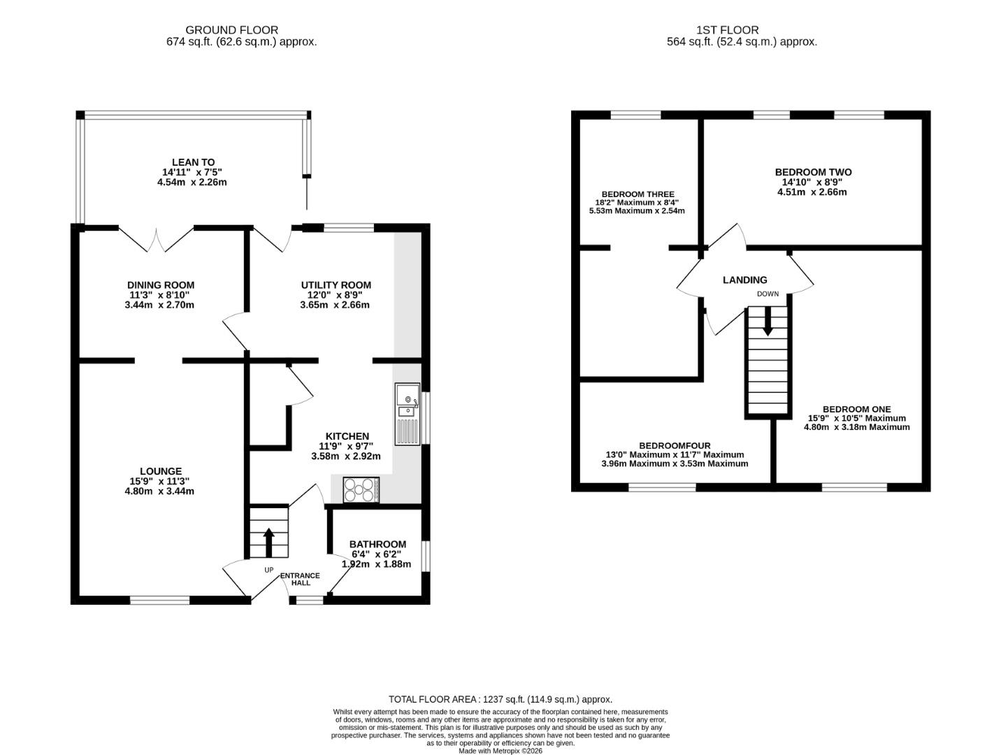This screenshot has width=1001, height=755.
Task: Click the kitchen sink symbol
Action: coord(408,415)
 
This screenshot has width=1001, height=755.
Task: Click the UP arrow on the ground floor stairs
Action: coord(268,542)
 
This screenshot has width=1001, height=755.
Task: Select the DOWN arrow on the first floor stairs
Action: coord(768,321)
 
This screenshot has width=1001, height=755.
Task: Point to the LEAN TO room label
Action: coord(194,162)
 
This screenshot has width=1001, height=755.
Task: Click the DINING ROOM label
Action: coord(161,285)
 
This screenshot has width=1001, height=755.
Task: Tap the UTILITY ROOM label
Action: coord(336,285)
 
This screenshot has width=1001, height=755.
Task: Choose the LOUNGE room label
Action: coord(161,471)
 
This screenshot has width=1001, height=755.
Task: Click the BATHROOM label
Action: coord(377,545)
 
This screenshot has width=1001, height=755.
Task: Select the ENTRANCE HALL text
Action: coord(300,579)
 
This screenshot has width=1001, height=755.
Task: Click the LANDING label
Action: coord(745,280)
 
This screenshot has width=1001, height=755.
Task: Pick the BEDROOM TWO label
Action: coord(814,173)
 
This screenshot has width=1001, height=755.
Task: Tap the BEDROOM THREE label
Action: coord(638,194)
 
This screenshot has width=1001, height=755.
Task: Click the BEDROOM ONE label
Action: coord(857,410)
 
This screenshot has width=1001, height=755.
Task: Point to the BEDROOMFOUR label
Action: coord(675,446)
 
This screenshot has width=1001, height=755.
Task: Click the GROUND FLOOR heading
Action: coord(231,30)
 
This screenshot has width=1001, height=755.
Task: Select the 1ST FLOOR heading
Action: coord(728,30)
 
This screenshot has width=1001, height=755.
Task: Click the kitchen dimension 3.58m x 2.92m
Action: coord(346,456)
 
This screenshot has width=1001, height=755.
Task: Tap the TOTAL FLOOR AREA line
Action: coord(500,699)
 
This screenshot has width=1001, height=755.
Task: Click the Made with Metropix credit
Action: coord(500,751)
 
